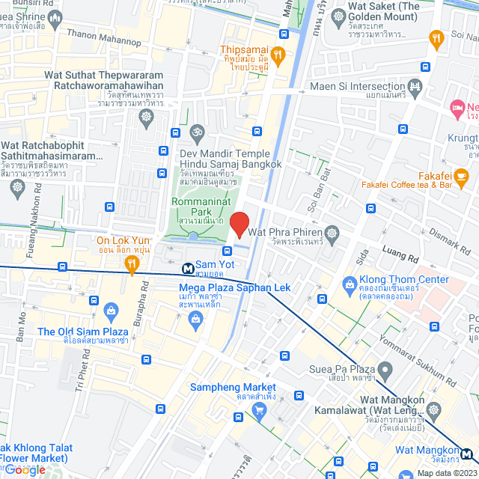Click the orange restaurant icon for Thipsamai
point(277,54)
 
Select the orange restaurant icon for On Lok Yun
point(132,262)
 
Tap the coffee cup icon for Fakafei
point(461,177)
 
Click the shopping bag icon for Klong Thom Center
point(349,284)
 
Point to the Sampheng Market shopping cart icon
point(259,409)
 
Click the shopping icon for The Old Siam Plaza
point(111,310)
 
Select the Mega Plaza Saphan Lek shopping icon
point(195,320)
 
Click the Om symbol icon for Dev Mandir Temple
point(197,132)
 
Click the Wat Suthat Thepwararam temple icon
point(145,117)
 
